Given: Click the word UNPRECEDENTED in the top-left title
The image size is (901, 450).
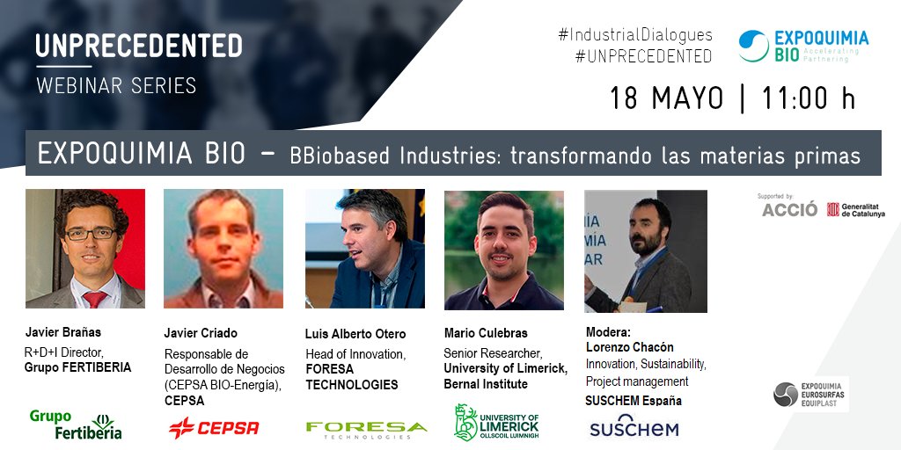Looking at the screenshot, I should [x=139, y=45].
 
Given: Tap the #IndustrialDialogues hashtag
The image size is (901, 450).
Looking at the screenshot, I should [x=634, y=35].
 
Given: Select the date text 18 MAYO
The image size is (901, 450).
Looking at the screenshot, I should [x=666, y=97].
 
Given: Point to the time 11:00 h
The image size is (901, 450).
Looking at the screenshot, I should [x=807, y=97].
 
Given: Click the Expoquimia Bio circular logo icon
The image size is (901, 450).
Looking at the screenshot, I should [x=753, y=46].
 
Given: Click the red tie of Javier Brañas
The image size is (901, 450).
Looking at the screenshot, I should [x=93, y=299].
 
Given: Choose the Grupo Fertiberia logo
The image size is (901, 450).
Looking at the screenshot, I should [x=76, y=424].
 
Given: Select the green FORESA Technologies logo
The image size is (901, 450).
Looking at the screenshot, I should [x=366, y=429].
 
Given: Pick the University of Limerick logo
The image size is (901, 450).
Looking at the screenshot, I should [x=496, y=422].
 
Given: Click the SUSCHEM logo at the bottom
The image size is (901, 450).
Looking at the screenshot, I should [x=634, y=429].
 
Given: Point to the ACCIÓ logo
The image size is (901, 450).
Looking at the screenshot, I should [x=788, y=210].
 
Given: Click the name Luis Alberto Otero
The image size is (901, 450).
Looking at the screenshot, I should [x=355, y=334].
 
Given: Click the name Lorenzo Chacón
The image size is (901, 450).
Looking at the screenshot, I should [x=629, y=347].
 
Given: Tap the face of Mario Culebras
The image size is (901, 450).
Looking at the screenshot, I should [x=503, y=242].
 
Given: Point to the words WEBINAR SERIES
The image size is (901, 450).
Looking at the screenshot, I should [x=116, y=85].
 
